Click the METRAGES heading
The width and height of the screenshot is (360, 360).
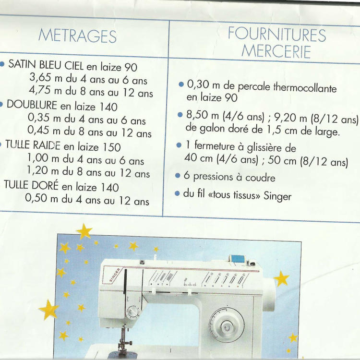coord(78,36)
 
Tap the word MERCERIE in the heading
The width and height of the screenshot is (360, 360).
coord(276,51)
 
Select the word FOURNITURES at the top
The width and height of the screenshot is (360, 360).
coord(277,34)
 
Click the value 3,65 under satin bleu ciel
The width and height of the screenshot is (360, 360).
coord(40,77)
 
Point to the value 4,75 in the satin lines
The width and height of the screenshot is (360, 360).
coord(39,90)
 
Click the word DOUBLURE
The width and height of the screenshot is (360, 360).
coord(32,105)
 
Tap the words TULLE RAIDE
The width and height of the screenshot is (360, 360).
coord(33,145)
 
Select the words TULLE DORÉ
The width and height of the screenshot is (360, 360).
coord(31,185)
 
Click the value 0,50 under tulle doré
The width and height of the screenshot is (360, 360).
coord(36,198)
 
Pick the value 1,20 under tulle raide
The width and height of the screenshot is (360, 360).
coord(37,170)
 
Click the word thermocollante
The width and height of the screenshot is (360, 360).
coord(305,87)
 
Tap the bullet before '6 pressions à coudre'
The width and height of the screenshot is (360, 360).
coord(178,176)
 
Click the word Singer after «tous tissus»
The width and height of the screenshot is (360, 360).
coord(277,196)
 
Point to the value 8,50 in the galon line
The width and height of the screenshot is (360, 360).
coord(197,115)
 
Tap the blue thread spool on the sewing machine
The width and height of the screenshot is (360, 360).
coord(238,259)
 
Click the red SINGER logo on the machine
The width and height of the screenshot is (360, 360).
coord(115,275)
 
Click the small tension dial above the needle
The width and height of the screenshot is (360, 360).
coord(132,312)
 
